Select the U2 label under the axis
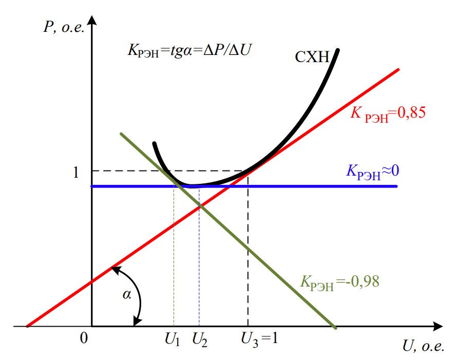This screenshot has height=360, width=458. (200, 339)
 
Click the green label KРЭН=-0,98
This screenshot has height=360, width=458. (339, 282)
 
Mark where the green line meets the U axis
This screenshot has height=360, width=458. (335, 326)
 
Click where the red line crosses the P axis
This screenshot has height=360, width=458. (92, 281)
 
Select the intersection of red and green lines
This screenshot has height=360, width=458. (200, 205)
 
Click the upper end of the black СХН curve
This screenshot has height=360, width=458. (337, 50)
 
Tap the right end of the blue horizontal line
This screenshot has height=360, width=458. (397, 186)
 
